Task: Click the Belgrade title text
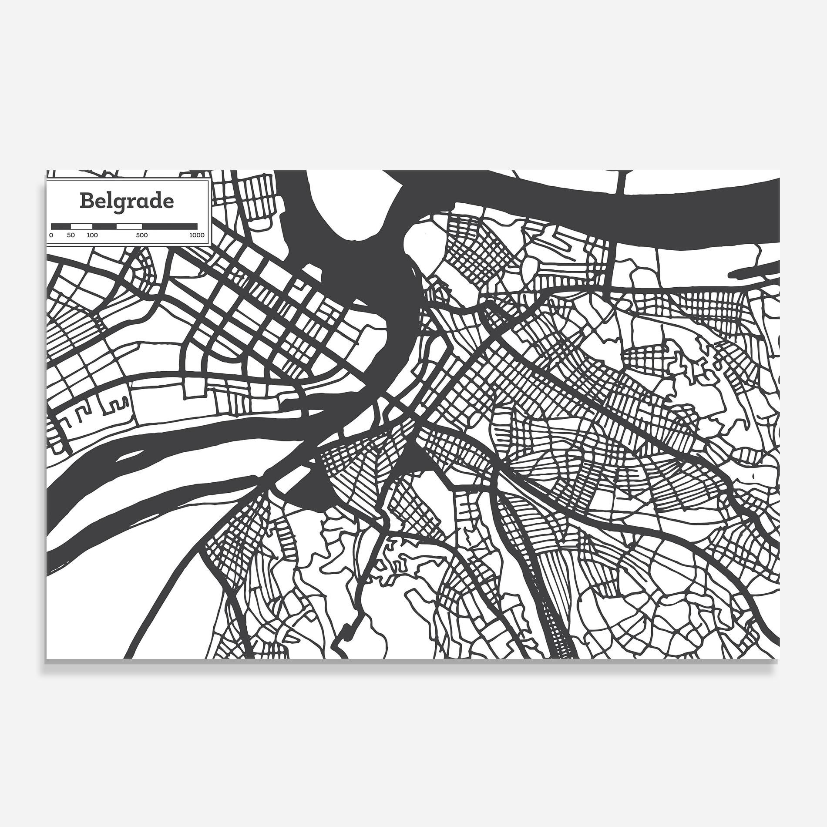click(127, 201)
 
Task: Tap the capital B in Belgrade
click(86, 201)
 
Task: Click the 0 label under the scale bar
click(51, 235)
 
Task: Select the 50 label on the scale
click(71, 235)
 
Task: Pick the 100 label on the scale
click(92, 235)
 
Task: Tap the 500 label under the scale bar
click(142, 235)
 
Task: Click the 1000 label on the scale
click(197, 235)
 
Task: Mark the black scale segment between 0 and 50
click(61, 226)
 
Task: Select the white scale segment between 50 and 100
click(81, 226)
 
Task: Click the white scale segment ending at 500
click(129, 226)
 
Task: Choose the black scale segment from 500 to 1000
click(170, 226)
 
